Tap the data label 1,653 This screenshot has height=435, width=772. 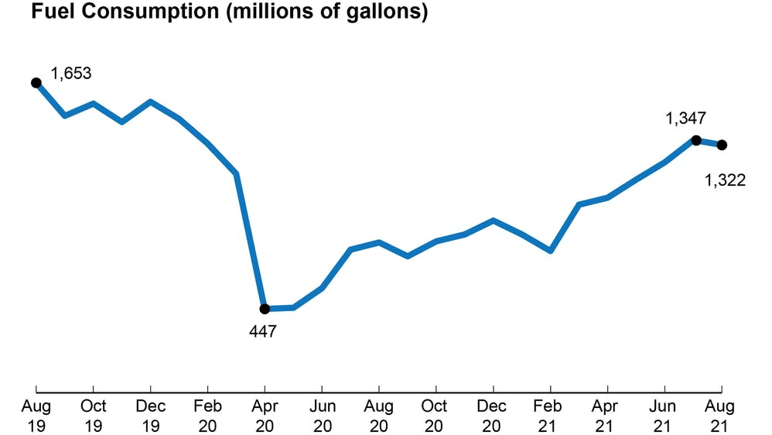[71, 74]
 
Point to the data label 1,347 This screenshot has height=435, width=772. [685, 118]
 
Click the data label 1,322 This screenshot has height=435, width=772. [725, 180]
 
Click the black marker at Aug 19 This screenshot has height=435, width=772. [36, 83]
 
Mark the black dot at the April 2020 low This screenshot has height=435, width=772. [265, 309]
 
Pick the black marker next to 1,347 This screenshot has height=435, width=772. [695, 140]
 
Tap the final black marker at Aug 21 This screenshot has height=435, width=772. [722, 145]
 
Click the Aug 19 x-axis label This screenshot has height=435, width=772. [36, 415]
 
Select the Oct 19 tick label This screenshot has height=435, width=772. [93, 415]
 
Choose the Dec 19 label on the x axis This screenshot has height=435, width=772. [150, 415]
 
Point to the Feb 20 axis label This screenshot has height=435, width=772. [207, 415]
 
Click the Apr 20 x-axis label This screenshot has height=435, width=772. [265, 415]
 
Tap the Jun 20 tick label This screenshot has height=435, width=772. [322, 415]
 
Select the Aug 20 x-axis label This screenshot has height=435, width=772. [378, 415]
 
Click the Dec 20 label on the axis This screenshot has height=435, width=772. [493, 415]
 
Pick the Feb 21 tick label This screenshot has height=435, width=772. [550, 415]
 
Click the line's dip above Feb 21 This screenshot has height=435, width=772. [550, 251]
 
